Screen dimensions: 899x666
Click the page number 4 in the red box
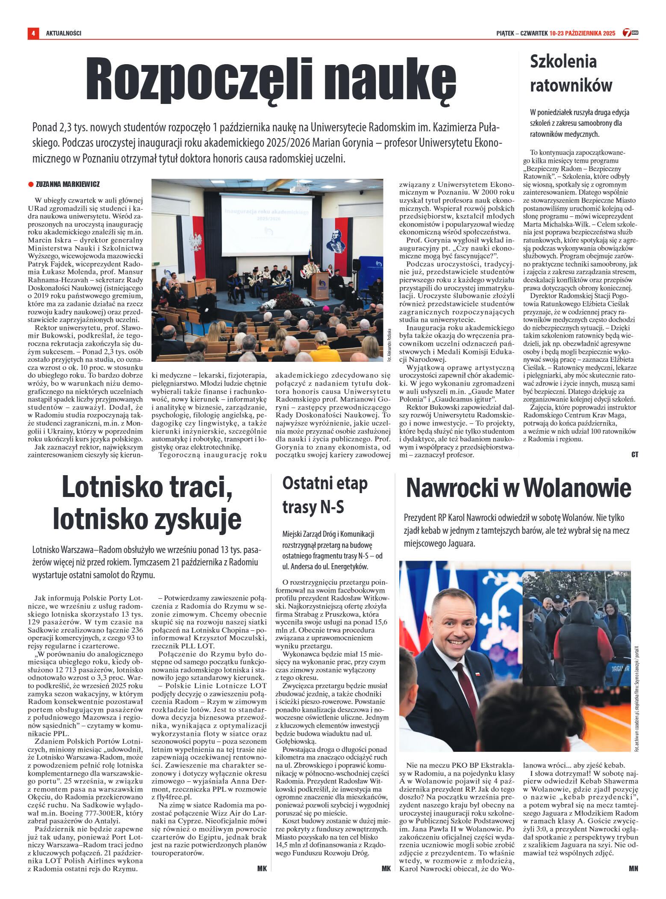[x=33, y=33]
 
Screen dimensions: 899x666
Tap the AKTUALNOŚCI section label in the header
[x=64, y=33]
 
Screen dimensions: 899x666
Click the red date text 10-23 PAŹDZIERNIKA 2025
[x=582, y=33]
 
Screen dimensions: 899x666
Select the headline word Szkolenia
[x=563, y=62]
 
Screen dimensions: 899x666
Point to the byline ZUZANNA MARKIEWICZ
[x=68, y=184]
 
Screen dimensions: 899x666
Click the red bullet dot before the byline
[x=31, y=184]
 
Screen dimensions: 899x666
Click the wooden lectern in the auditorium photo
[x=320, y=285]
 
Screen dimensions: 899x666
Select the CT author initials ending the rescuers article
[x=634, y=455]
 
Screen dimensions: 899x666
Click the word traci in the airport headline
[x=200, y=488]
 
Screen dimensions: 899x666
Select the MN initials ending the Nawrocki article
[x=633, y=868]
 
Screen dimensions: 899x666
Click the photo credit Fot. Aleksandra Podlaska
[x=389, y=345]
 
